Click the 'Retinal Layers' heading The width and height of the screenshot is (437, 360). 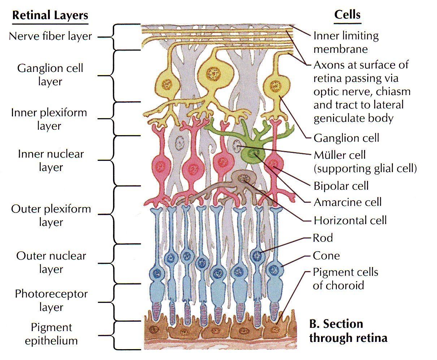[50, 15]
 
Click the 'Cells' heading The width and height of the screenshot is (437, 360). [347, 14]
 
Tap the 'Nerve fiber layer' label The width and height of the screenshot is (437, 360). [50, 36]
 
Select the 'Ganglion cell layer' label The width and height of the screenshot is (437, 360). [50, 74]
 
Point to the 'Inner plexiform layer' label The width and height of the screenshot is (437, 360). [49, 119]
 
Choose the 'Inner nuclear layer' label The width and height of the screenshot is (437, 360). [51, 160]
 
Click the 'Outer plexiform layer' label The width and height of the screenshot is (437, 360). [51, 215]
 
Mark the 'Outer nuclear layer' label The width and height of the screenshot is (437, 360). [51, 262]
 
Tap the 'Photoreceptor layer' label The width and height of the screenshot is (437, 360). [51, 300]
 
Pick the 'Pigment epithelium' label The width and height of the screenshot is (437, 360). [51, 334]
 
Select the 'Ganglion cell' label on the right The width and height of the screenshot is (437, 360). [346, 138]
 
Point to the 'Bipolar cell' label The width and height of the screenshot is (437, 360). [341, 186]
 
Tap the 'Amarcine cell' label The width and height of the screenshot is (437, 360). [347, 202]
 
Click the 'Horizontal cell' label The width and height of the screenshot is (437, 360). [350, 220]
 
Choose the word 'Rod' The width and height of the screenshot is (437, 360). [323, 238]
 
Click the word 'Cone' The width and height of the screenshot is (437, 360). [326, 256]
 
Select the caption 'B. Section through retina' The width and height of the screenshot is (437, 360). [348, 331]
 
